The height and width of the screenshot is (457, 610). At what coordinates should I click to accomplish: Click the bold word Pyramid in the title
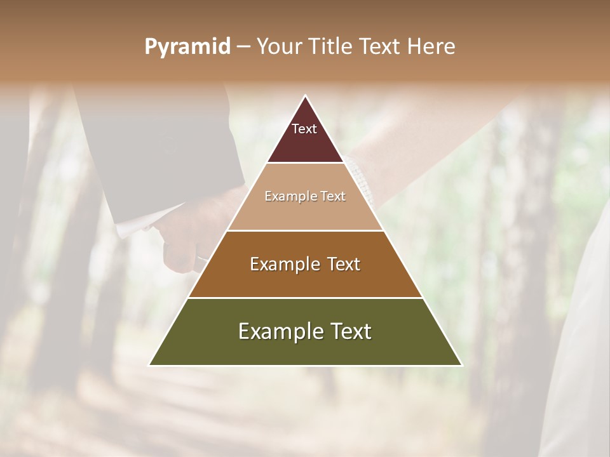187,47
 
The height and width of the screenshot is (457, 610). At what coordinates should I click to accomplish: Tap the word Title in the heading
332,47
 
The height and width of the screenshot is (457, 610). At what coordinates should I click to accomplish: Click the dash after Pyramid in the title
243,47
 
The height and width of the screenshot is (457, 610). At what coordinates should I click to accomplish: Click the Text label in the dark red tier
304,129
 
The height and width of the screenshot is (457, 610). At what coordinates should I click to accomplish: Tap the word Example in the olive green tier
277,331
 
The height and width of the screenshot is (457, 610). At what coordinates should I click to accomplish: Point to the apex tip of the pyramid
306,96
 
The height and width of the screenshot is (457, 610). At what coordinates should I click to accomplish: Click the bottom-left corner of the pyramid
150,365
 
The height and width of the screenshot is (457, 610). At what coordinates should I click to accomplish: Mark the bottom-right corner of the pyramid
461,365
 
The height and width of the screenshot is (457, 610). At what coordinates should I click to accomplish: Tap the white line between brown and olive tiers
306,298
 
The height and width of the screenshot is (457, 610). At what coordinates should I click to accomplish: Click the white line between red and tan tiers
306,163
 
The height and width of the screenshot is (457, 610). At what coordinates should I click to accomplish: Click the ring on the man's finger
201,258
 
